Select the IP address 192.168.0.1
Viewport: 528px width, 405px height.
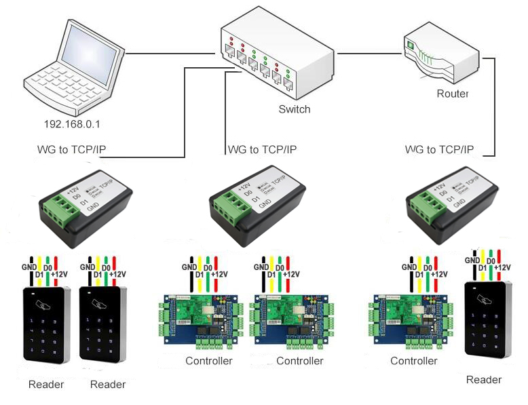click(71, 125)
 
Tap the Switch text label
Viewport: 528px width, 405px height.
click(294, 109)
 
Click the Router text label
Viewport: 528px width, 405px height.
click(452, 94)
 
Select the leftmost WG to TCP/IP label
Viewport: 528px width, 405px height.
click(72, 149)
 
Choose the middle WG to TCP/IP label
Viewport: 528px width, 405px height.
click(263, 149)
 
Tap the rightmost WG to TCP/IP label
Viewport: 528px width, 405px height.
click(439, 149)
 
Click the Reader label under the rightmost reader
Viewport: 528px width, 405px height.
click(484, 379)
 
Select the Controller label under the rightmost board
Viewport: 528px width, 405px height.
click(414, 361)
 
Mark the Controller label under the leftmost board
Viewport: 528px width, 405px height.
click(209, 361)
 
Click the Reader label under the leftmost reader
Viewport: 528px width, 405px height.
click(46, 385)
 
